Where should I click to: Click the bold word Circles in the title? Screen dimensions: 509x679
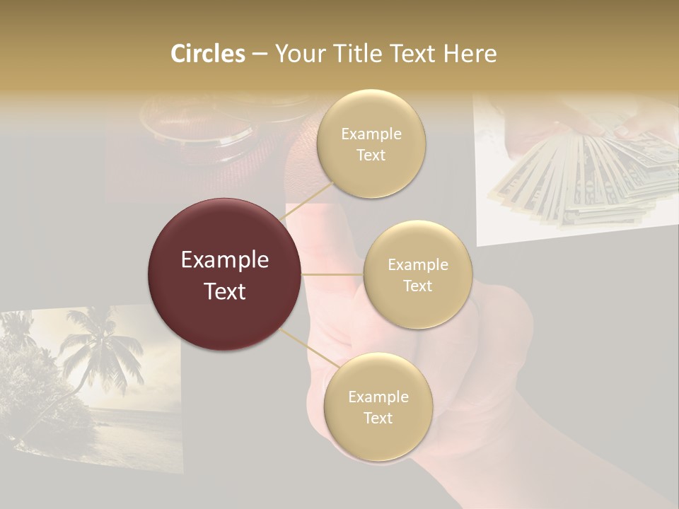tap(207, 54)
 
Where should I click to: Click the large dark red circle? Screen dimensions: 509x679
tap(225, 274)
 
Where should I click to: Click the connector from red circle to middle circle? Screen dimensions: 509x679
tap(332, 274)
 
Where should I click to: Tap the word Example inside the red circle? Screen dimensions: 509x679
tap(225, 259)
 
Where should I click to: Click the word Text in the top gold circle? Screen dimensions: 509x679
tap(371, 155)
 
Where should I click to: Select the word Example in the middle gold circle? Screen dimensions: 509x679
tap(418, 264)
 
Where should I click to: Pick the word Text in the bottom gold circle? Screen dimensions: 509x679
tap(378, 418)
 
